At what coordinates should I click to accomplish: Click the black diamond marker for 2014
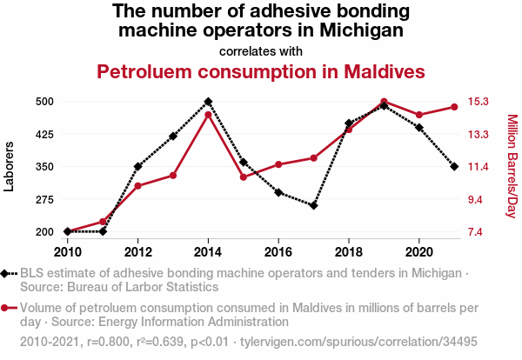[x=208, y=102]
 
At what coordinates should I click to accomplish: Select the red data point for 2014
[x=208, y=114]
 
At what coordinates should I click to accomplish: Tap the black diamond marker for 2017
[x=314, y=205]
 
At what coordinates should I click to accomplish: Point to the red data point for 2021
[x=454, y=107]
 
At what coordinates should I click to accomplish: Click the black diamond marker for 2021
[x=454, y=166]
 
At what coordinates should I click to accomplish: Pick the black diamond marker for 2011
[x=103, y=231]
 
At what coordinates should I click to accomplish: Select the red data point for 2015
[x=244, y=177]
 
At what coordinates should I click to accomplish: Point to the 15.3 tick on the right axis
[x=479, y=102]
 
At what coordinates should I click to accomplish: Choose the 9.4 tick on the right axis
[x=477, y=199]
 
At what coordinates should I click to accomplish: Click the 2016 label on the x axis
[x=278, y=252]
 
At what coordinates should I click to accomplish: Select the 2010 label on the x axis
[x=67, y=252]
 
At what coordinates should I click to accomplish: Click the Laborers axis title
[x=10, y=166]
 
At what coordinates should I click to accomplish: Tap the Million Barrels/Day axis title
[x=512, y=166]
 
